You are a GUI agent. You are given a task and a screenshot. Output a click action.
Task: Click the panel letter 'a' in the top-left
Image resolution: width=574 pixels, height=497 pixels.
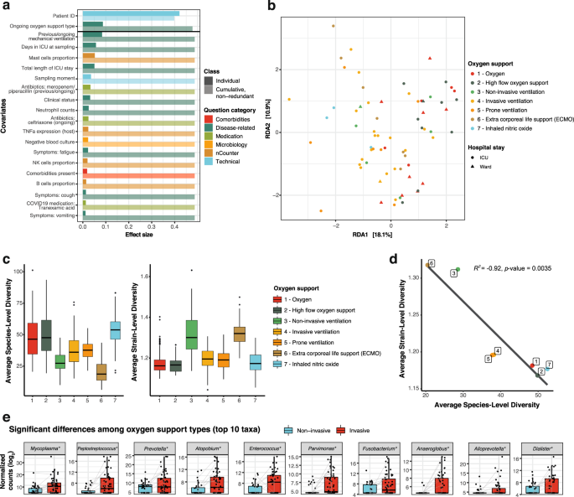click(6, 6)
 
